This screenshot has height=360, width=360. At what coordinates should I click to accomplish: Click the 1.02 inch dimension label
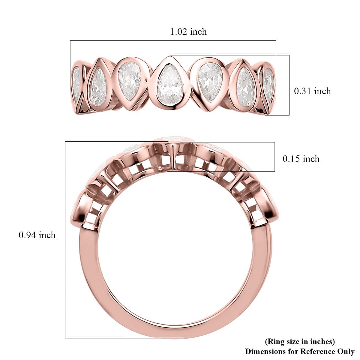coord(188,31)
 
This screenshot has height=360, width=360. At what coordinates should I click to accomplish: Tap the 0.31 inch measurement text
coord(312,91)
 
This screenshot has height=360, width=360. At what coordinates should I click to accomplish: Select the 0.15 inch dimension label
coord(301,159)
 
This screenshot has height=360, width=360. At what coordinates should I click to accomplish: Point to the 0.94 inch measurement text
coord(37,235)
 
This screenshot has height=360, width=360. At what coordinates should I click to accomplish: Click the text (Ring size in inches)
coord(300,341)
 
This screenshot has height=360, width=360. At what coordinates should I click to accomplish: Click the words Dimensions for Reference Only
coord(300,351)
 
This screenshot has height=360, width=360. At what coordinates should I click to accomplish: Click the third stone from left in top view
coord(129,81)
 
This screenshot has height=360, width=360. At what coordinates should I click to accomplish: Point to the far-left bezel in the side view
coord(79,210)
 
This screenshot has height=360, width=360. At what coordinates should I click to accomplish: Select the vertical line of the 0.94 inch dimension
coord(65,240)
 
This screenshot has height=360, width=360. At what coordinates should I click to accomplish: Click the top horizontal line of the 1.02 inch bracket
coord(173,40)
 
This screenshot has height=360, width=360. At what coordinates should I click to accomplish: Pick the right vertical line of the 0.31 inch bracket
coord(289,85)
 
